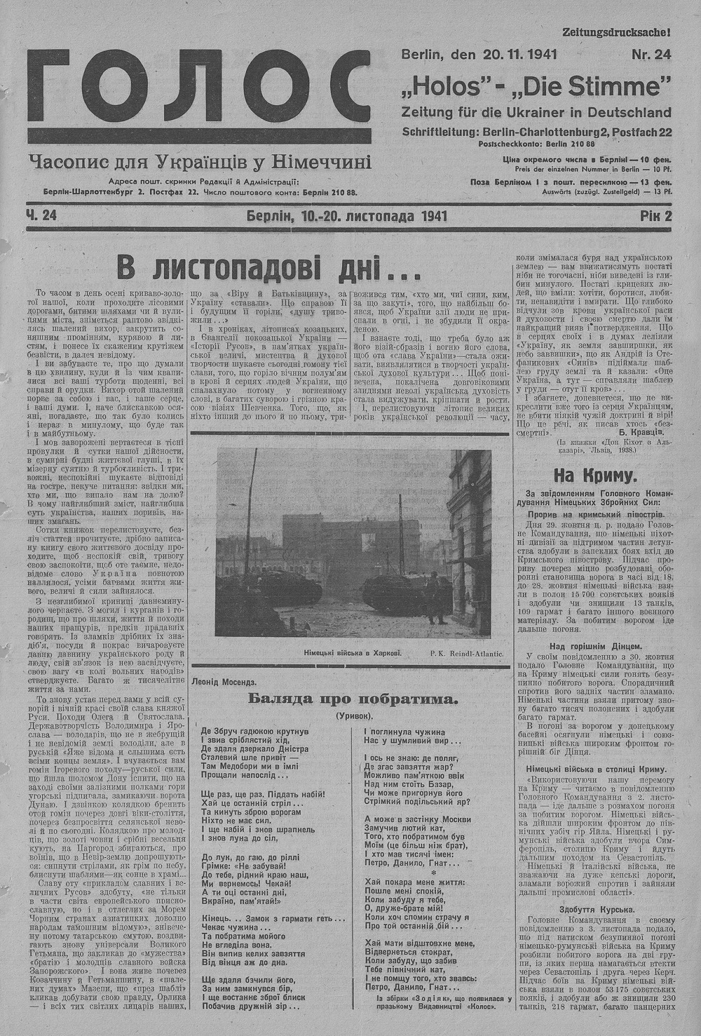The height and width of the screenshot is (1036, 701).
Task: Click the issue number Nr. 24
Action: pos(651,54)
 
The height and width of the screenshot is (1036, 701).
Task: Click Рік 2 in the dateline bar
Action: pos(655,216)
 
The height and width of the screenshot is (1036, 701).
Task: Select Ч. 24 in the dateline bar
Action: pos(41,216)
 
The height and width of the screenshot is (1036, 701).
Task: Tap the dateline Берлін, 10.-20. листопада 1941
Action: pos(347,216)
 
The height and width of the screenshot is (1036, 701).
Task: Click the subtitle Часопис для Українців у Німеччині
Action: pos(200,163)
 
